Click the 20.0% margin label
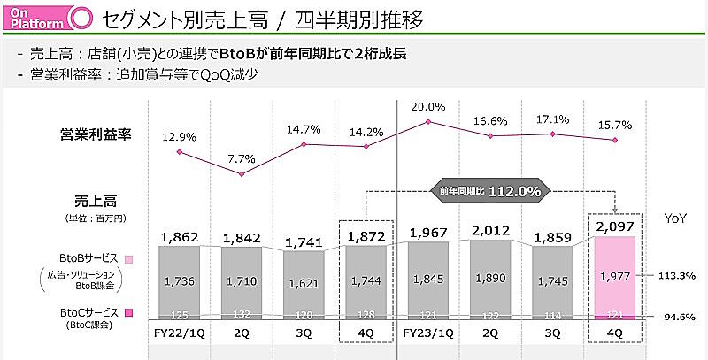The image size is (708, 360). pyautogui.click(x=427, y=107)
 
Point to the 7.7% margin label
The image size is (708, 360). pyautogui.click(x=241, y=158)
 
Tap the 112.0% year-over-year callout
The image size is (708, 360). pyautogui.click(x=490, y=190)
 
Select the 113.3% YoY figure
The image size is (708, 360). pyautogui.click(x=677, y=275)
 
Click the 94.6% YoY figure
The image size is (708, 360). pyautogui.click(x=677, y=316)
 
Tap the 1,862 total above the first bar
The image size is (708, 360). pyautogui.click(x=179, y=236)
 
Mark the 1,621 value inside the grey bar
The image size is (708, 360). pyautogui.click(x=304, y=282)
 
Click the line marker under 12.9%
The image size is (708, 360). pyautogui.click(x=179, y=151)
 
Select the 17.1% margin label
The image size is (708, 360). pyautogui.click(x=552, y=119)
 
